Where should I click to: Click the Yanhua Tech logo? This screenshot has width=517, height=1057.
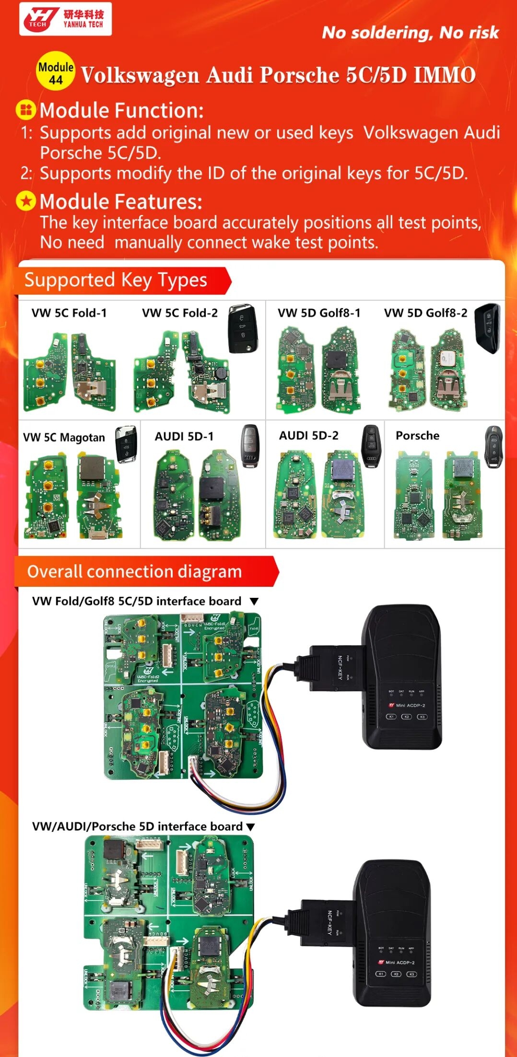click(65, 19)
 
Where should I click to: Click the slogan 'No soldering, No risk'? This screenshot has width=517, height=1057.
click(410, 33)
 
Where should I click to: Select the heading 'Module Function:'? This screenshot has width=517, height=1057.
click(121, 110)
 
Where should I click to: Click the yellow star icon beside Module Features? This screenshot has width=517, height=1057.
click(26, 202)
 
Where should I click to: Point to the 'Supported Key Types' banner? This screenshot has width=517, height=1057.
click(116, 280)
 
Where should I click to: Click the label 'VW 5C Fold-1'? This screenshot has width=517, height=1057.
click(69, 313)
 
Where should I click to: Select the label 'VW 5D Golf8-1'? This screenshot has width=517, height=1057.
click(319, 313)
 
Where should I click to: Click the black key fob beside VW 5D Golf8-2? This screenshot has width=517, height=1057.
click(487, 328)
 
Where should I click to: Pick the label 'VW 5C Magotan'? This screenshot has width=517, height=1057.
click(64, 438)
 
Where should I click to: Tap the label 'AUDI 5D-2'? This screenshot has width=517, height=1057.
click(308, 436)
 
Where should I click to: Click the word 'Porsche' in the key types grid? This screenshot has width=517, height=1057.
click(417, 436)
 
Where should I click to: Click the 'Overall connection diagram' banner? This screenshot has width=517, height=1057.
click(134, 572)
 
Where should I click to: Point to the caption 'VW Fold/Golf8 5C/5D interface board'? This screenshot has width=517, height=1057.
click(137, 602)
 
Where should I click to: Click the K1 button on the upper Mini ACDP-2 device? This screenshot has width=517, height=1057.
click(391, 717)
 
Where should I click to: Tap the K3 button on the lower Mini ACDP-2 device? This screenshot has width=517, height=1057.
click(411, 974)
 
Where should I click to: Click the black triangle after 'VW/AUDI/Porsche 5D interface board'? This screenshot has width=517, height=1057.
click(250, 827)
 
